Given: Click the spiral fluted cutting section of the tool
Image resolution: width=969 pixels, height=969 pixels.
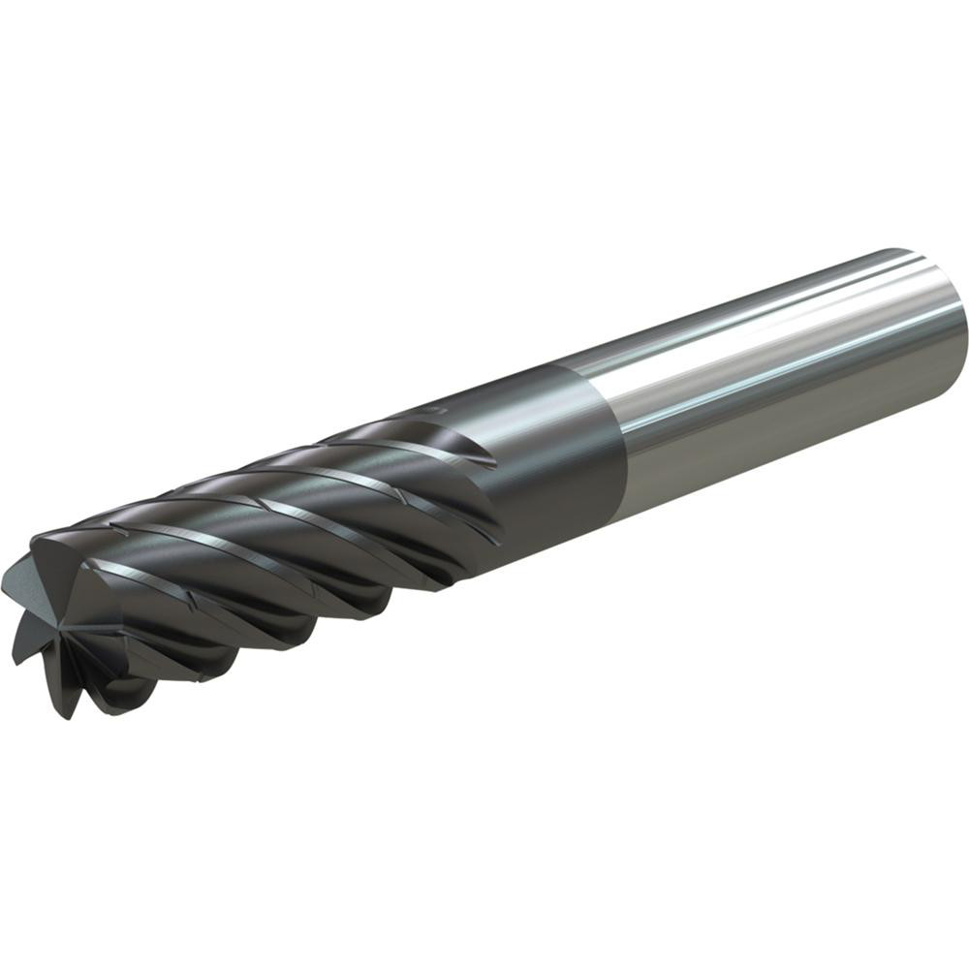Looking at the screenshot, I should pos(291,543).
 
